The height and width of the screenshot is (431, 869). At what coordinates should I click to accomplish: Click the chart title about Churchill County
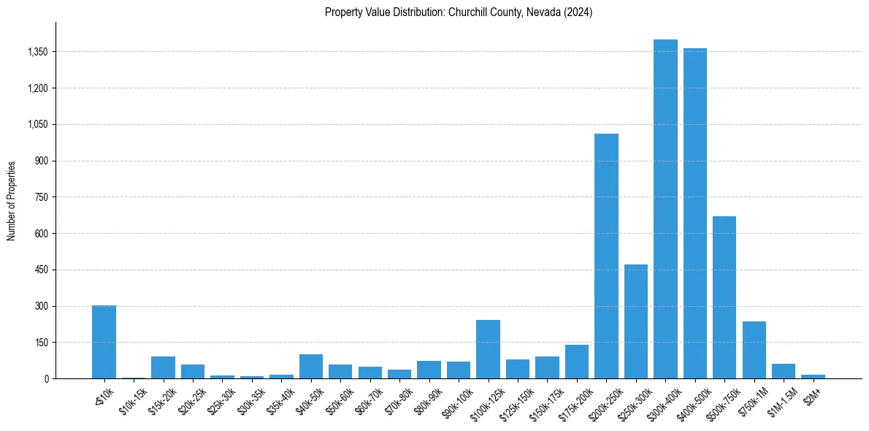(458, 12)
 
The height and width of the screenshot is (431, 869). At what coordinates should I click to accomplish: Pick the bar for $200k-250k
(606, 256)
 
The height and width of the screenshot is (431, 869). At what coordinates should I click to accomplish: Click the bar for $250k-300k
(635, 321)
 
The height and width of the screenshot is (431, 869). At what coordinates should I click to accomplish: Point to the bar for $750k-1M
(754, 350)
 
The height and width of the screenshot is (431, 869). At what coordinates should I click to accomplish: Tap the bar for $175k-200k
(576, 362)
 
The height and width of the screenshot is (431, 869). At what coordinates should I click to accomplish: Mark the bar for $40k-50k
(310, 366)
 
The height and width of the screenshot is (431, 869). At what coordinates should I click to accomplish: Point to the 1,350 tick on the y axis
(37, 52)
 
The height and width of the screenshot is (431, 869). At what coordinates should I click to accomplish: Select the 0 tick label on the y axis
(45, 378)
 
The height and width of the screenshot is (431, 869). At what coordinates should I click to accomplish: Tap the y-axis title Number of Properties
(12, 200)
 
